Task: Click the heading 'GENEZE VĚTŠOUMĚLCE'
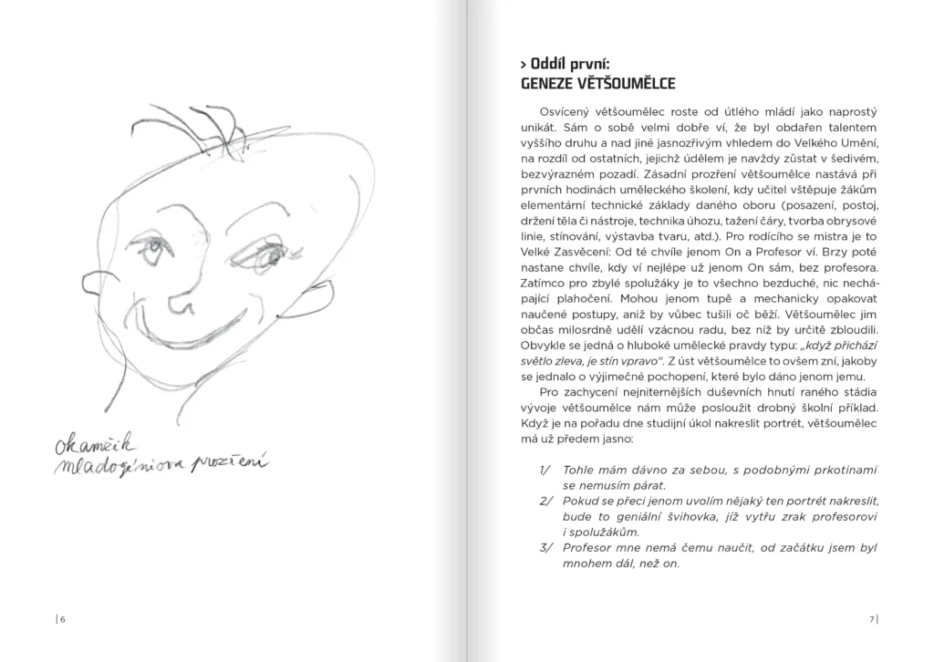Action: coord(597,84)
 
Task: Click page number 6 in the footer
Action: coord(61,620)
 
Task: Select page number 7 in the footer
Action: coord(872,620)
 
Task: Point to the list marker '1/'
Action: coord(545,470)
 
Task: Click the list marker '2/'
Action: coord(545,501)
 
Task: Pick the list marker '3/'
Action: coord(545,547)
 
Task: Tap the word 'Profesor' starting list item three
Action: coord(590,547)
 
